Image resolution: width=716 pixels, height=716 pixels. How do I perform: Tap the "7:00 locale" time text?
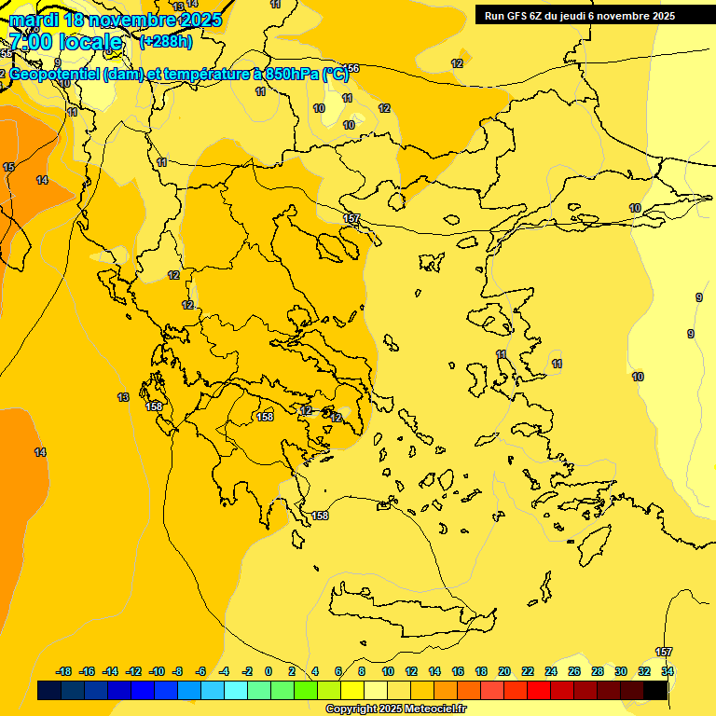(x=65, y=42)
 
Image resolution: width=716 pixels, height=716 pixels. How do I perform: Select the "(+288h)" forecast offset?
(x=167, y=42)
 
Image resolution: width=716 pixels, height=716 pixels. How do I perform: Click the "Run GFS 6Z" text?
(x=514, y=15)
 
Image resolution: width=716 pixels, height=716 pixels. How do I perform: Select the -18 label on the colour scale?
(x=63, y=671)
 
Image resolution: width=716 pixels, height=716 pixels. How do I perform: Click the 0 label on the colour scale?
(x=268, y=671)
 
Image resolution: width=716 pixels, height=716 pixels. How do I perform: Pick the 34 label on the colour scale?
(x=668, y=671)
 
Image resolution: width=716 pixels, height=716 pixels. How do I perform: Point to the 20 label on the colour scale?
(x=504, y=671)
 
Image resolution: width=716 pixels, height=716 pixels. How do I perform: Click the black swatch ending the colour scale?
(x=655, y=691)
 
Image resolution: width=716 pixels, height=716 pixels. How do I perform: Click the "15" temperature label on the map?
(x=8, y=167)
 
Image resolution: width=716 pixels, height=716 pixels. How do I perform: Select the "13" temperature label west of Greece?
(x=123, y=397)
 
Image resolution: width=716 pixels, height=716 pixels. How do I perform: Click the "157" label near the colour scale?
(x=664, y=652)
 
